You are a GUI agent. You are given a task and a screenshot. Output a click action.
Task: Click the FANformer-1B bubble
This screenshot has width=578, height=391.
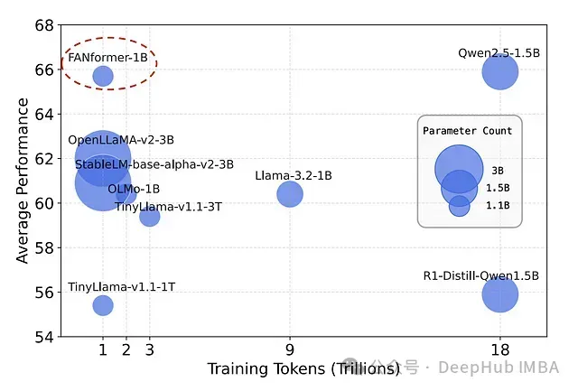103,76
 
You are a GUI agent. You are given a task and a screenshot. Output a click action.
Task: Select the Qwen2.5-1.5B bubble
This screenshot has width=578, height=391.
499,71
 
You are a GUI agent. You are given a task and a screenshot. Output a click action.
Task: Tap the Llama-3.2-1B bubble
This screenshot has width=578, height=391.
289,193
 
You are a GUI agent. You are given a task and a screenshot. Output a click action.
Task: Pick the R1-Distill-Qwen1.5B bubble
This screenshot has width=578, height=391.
499,294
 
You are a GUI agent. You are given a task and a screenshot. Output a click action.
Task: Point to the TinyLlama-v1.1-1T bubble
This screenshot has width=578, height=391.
103,305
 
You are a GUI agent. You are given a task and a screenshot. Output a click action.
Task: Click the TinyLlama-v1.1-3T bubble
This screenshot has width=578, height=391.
150,216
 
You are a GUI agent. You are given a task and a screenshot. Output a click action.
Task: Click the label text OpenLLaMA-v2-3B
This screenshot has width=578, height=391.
121,141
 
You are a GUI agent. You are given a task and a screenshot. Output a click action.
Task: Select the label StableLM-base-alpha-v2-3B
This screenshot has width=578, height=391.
154,165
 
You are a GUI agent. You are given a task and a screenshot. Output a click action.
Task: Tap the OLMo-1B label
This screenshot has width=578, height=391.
134,189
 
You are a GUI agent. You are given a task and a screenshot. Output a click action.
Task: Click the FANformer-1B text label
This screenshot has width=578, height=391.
107,58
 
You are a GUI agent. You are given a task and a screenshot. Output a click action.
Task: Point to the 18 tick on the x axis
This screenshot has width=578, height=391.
499,350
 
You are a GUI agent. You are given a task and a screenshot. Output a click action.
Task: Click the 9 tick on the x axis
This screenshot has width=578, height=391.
289,350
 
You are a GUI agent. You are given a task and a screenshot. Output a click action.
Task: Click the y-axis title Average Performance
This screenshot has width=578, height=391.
22,181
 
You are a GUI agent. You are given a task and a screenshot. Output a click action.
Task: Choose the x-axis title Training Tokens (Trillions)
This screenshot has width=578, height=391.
303,369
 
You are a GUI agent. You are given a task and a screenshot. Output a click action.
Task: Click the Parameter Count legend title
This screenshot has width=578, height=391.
468,131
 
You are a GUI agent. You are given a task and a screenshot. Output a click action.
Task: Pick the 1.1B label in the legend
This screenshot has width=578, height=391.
499,206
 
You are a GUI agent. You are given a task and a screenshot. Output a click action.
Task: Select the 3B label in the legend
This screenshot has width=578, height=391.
498,170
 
